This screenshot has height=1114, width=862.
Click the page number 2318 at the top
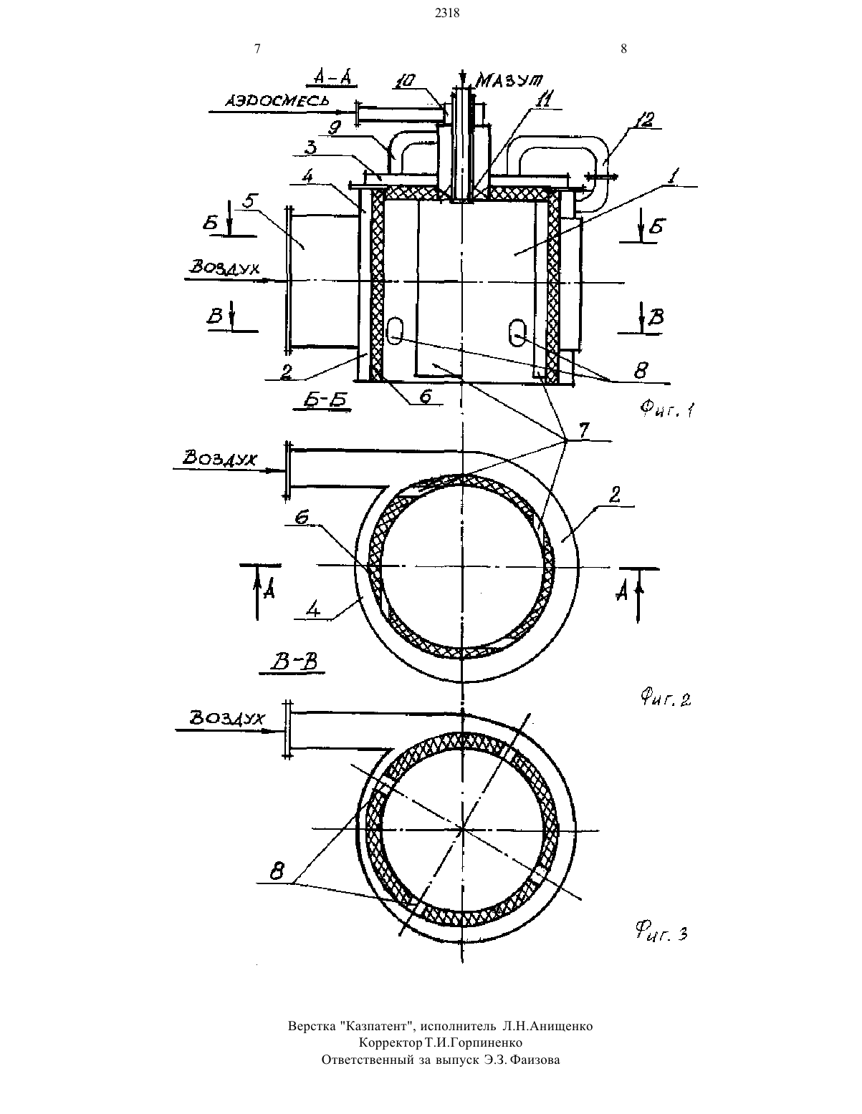click(x=447, y=14)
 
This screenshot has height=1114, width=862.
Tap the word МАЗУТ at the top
click(x=509, y=80)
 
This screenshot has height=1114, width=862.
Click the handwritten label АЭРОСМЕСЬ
click(x=277, y=100)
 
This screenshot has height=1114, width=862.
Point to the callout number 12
click(x=643, y=121)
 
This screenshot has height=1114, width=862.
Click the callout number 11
click(x=543, y=100)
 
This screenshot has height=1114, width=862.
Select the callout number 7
click(x=584, y=430)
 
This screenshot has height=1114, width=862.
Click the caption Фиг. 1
click(x=667, y=409)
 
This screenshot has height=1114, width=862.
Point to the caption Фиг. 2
click(x=666, y=698)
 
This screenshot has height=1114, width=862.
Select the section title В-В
click(x=295, y=662)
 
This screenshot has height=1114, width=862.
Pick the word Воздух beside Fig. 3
click(x=226, y=718)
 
